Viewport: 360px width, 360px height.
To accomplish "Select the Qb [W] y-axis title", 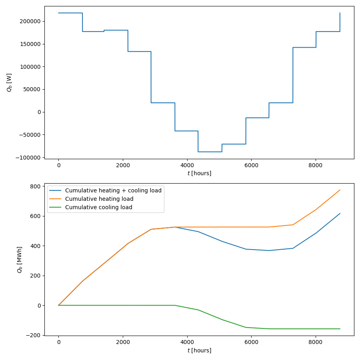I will (x=9, y=82).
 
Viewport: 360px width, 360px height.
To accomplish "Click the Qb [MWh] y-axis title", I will (x=19, y=260).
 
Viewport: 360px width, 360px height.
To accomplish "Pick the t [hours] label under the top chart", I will (x=199, y=173).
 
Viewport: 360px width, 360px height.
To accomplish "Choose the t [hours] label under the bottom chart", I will (x=199, y=350).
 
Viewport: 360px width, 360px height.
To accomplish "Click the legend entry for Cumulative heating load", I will (x=99, y=199).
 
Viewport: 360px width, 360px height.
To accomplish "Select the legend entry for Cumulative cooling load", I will (x=98, y=207).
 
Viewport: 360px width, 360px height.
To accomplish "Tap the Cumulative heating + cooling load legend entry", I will (x=113, y=190).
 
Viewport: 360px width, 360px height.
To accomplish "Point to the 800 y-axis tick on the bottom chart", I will (x=36, y=186).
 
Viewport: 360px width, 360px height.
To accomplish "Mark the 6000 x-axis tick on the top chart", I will (x=251, y=165).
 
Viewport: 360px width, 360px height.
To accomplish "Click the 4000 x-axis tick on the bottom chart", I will (x=187, y=342).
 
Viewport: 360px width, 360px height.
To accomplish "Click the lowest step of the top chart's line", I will (x=210, y=152).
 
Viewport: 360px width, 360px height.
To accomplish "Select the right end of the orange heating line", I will (x=340, y=190).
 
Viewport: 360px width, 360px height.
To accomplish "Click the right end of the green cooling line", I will (x=340, y=329).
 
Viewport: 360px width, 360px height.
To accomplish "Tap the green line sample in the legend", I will (x=56, y=207).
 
